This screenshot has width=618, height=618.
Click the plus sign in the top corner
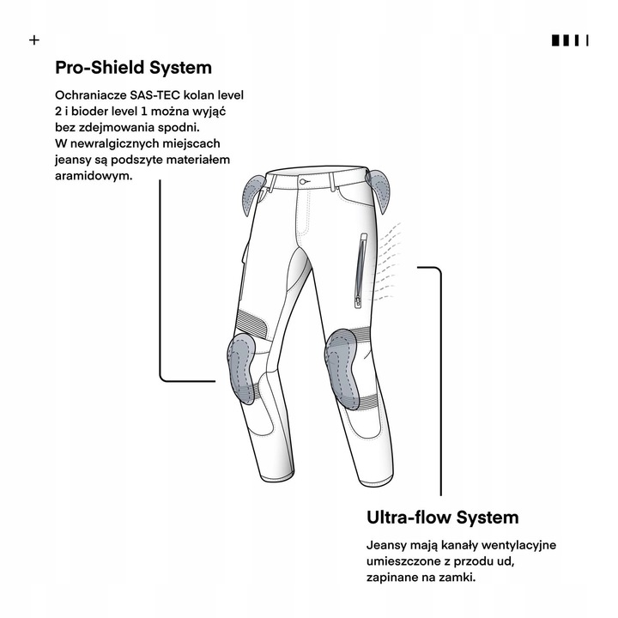tap(34, 39)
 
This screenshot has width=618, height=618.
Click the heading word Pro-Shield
tap(100, 68)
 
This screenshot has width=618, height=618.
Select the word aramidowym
tap(94, 176)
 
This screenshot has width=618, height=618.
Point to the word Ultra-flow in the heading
tap(409, 517)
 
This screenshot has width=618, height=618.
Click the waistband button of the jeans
tap(303, 182)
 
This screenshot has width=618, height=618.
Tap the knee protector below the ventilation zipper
tap(342, 368)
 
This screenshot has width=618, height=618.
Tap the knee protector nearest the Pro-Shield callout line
tap(241, 368)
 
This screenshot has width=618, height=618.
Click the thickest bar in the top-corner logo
tap(555, 40)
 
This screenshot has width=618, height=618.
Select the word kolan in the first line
tap(199, 95)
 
